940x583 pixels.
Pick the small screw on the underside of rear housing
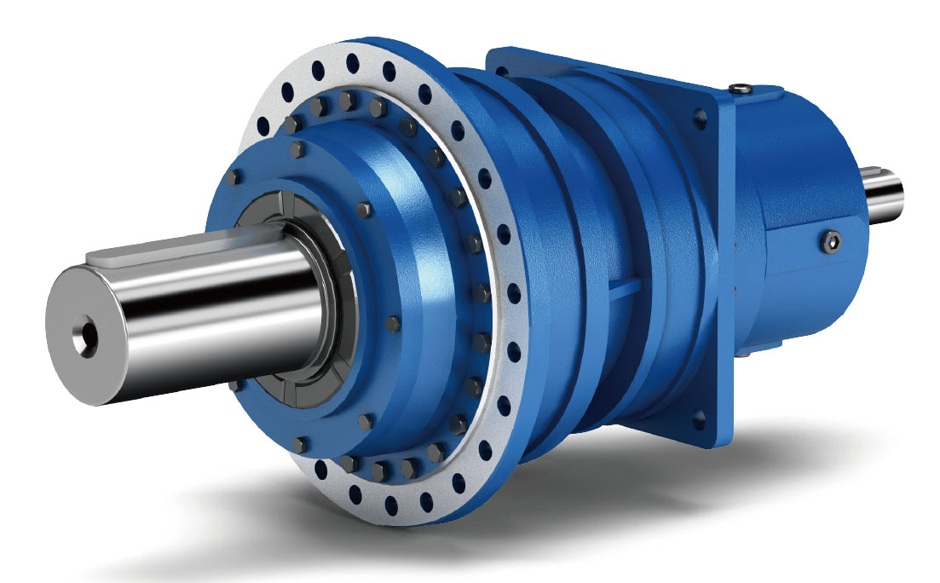tap(745, 351)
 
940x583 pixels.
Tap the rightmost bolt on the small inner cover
tap(393, 323)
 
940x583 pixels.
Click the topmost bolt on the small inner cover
tap(297, 150)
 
